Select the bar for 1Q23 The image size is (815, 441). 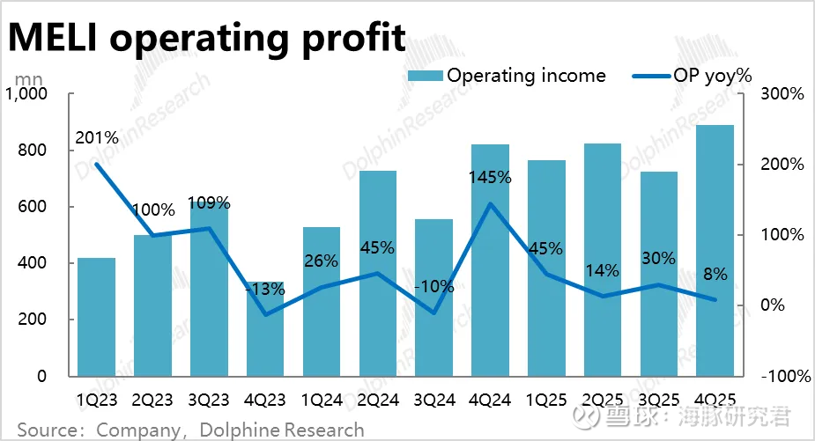click(96, 317)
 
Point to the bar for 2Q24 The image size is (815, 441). click(377, 273)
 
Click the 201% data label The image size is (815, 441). click(97, 138)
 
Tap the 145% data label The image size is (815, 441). click(490, 178)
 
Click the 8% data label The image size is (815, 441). click(715, 275)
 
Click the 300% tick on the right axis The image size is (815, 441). click(782, 94)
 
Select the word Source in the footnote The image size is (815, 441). click(45, 430)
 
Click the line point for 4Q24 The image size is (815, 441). click(490, 204)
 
